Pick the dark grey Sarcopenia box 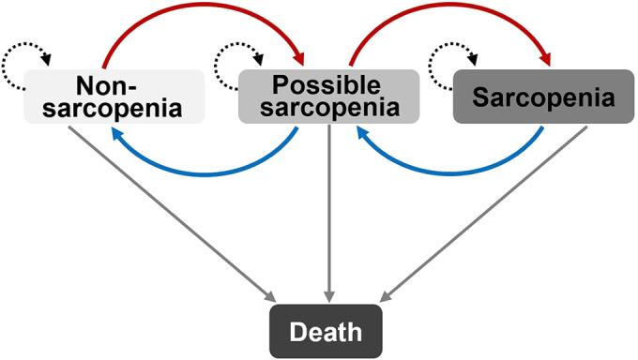click(x=534, y=97)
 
